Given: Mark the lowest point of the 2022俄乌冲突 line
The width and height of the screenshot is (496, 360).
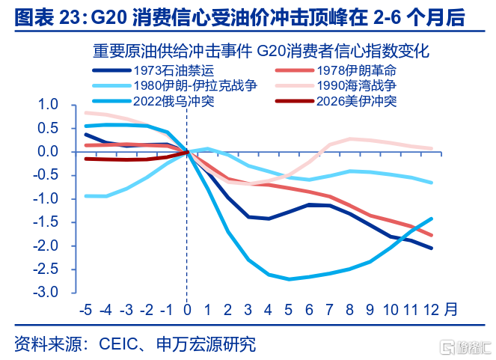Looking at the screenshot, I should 289,279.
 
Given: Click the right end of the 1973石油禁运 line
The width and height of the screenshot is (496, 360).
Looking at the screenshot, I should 432,248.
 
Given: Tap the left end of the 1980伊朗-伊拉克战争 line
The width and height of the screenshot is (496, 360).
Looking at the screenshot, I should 86,196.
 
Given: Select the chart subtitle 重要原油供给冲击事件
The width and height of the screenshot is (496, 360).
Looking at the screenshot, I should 172,52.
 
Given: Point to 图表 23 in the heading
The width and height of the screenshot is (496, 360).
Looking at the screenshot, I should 46,16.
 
